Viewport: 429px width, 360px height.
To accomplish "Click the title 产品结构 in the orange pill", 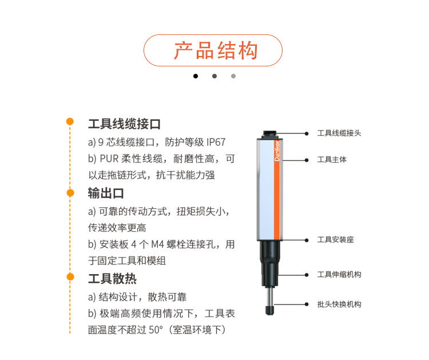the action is [x=216, y=50].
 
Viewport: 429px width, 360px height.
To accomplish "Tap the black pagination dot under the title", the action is [x=196, y=76].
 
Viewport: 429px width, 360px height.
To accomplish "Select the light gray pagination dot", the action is [x=233, y=76].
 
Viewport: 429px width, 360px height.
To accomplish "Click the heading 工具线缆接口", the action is [x=124, y=124].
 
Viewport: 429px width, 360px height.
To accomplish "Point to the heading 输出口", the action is [x=106, y=193].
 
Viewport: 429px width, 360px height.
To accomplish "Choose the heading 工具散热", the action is [x=112, y=279].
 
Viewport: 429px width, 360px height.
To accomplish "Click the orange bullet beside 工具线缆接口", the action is [x=70, y=121].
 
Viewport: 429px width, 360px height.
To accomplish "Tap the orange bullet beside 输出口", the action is [x=70, y=193].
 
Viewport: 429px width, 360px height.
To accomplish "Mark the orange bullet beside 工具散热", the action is [x=70, y=277].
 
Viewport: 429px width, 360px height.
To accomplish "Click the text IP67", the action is [x=216, y=143].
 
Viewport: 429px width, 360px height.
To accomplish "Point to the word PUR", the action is [x=109, y=159].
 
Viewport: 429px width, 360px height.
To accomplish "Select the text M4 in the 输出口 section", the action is [x=158, y=244].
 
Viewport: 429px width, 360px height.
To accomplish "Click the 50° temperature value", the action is [x=156, y=330].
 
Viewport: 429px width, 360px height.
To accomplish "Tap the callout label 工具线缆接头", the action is [x=339, y=133].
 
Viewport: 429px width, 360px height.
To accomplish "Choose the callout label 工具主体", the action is [x=332, y=160].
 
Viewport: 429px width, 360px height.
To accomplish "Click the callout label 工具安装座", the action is [x=335, y=240].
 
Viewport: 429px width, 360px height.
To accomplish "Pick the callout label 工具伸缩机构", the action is [x=339, y=275].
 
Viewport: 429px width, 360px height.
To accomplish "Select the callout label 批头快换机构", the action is [x=339, y=304].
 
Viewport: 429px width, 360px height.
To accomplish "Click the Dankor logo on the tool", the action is [x=277, y=151].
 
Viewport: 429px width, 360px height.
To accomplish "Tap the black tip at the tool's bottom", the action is [x=269, y=310].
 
